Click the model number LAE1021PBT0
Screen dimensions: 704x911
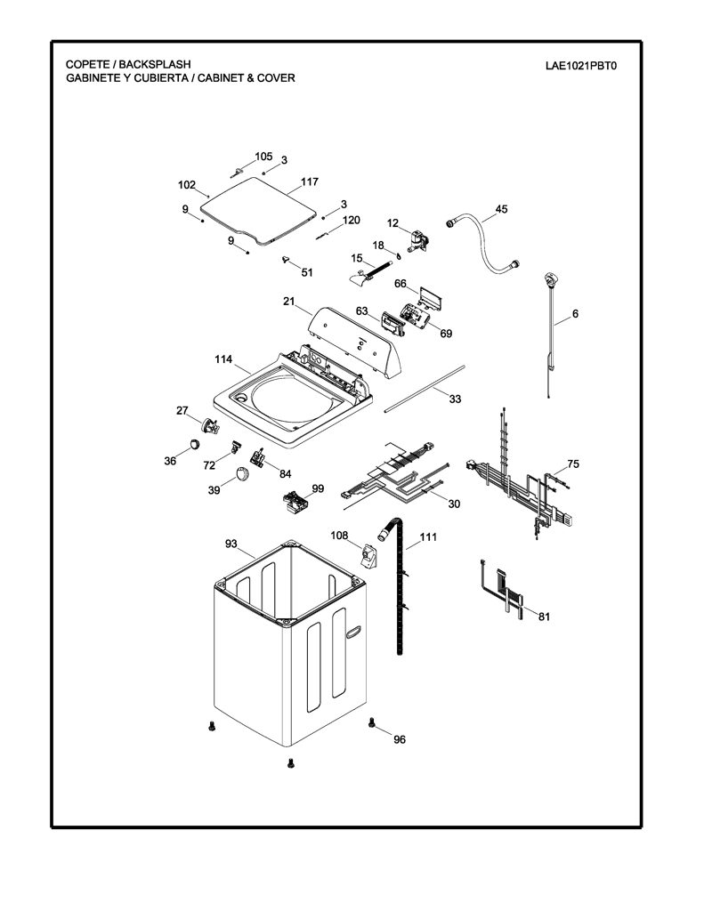click(581, 66)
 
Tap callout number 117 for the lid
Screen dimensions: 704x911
click(309, 181)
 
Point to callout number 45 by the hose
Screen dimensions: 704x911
click(501, 208)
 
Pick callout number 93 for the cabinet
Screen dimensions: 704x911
click(231, 544)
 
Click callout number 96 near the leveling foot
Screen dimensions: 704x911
click(400, 739)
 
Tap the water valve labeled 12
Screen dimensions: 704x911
click(417, 241)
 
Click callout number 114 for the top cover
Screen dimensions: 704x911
click(223, 359)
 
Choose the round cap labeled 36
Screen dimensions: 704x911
click(194, 445)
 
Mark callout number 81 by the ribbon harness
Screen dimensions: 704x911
click(544, 617)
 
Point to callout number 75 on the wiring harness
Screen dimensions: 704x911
click(573, 464)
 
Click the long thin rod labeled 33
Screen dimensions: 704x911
click(425, 388)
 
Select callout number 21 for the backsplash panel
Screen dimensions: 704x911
click(289, 302)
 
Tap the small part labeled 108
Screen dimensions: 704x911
click(368, 555)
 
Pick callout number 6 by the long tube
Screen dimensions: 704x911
click(576, 314)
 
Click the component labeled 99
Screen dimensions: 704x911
click(295, 502)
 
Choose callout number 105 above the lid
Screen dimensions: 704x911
click(263, 157)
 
